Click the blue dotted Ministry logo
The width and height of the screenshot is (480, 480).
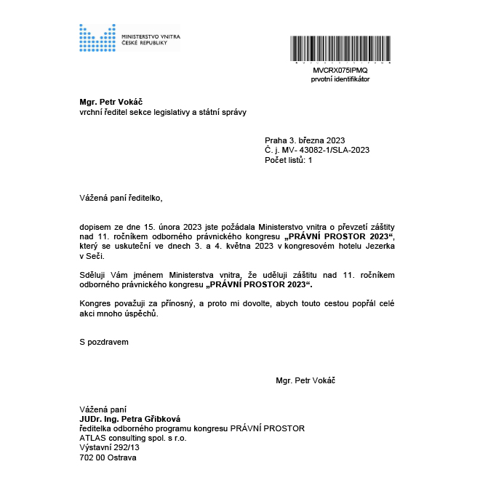pos(97,38)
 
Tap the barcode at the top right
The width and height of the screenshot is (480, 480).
pos(340,49)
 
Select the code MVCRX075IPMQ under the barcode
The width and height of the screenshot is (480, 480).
pos(340,70)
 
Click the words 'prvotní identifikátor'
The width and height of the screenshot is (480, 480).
pos(340,79)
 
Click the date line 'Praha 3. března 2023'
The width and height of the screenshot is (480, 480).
pos(305,140)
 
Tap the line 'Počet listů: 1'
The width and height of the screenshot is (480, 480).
pos(289,160)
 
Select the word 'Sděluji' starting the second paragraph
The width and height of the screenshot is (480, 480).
pos(93,274)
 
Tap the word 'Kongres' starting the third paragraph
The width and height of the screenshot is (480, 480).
pos(95,303)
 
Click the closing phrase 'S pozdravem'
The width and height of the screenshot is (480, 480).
pos(104,340)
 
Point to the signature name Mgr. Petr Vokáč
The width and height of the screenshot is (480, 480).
pos(305,380)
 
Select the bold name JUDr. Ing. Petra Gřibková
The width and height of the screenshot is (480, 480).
pos(129,420)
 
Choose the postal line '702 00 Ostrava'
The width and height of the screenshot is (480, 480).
pos(108,457)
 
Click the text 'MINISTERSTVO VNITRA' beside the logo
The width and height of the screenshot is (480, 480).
pos(151,36)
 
